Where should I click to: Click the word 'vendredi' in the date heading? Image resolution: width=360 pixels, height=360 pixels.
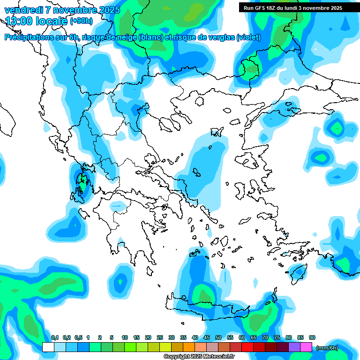(23, 10)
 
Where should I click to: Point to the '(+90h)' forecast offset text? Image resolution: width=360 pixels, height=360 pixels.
(81, 21)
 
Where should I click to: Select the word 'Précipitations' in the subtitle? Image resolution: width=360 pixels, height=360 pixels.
(29, 37)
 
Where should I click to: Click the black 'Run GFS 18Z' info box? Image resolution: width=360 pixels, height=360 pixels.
(293, 7)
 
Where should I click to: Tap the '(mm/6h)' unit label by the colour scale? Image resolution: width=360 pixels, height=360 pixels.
(327, 347)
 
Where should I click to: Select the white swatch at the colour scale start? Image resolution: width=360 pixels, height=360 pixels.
(48, 347)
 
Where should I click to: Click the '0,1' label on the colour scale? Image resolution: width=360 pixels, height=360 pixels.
(54, 337)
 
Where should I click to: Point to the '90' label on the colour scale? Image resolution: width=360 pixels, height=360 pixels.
(312, 337)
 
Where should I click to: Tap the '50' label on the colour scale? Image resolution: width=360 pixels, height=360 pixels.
(218, 337)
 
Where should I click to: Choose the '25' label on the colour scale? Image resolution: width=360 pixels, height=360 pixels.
(160, 337)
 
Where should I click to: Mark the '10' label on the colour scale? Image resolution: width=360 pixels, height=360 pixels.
(125, 337)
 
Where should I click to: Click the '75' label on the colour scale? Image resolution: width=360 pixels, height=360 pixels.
(277, 337)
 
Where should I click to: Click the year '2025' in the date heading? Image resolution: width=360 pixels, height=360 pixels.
(106, 10)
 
